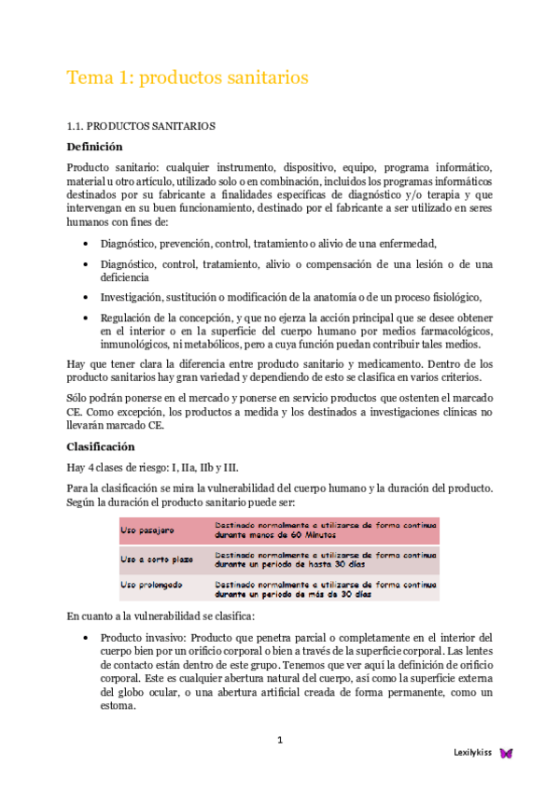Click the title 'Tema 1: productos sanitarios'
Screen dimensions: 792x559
click(x=187, y=78)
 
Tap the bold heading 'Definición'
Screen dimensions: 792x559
click(x=94, y=146)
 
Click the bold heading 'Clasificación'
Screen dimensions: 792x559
click(x=102, y=446)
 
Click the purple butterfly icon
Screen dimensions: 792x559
click(x=507, y=752)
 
